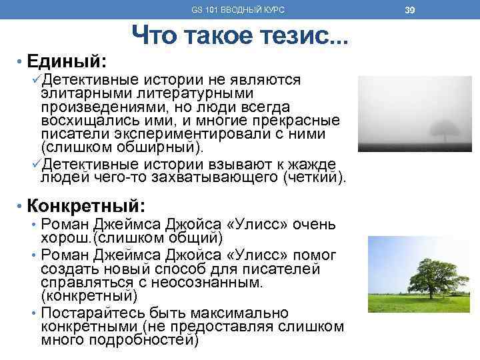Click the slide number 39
409,9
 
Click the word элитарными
80,93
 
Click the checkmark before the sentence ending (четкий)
37,164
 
